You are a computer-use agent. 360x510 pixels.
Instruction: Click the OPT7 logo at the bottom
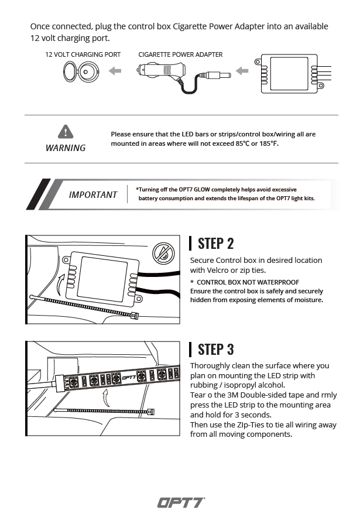(x=180, y=502)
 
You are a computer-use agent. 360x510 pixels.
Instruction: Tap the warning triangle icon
(x=66, y=131)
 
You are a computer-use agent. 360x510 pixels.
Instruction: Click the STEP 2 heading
(x=216, y=244)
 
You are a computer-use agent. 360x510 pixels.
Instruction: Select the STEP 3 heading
(x=216, y=349)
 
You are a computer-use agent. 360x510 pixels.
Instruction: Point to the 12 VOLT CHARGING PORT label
(x=83, y=54)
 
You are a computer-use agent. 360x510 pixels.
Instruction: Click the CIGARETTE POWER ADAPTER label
(x=180, y=54)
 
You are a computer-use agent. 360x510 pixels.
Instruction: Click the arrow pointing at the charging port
(x=115, y=71)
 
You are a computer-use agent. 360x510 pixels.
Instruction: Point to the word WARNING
(x=66, y=148)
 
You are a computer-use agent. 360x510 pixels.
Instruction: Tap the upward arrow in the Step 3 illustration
(x=106, y=399)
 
